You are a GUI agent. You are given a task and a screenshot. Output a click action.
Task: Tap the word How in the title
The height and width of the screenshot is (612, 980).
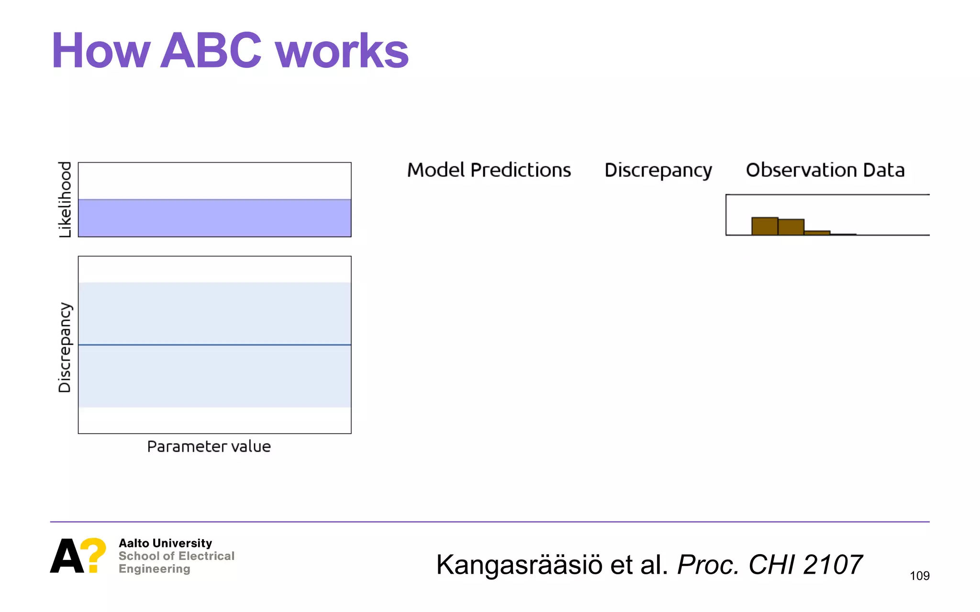(x=100, y=51)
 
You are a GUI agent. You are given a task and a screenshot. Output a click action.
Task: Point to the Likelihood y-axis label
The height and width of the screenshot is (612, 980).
(x=65, y=199)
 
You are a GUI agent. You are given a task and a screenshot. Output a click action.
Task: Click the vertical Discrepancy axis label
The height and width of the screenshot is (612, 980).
(x=65, y=347)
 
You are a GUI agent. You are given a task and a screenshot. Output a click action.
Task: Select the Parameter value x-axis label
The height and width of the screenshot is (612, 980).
(x=209, y=447)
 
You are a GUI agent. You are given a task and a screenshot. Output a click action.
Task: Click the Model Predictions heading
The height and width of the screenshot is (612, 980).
(x=489, y=170)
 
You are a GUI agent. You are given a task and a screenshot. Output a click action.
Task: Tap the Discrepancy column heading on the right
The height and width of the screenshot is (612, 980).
(x=658, y=171)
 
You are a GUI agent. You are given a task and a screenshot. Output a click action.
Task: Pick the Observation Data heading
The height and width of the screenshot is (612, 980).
(x=825, y=170)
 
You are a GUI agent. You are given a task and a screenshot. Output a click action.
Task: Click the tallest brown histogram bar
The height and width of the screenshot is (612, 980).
(x=764, y=227)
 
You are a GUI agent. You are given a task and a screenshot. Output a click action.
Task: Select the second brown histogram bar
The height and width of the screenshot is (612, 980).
(x=791, y=228)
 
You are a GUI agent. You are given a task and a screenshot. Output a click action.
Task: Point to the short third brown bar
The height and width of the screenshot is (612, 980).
(x=817, y=233)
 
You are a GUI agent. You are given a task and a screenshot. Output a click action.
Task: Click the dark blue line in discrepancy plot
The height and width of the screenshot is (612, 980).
(x=214, y=345)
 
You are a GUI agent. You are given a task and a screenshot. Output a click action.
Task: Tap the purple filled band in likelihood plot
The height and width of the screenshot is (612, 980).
(x=214, y=218)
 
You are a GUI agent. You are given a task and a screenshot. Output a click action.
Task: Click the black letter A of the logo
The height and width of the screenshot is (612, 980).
(x=67, y=557)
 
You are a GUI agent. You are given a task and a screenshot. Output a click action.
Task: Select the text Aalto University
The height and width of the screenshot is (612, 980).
(x=165, y=543)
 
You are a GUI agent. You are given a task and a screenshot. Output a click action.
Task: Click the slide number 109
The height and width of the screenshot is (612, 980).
(x=919, y=576)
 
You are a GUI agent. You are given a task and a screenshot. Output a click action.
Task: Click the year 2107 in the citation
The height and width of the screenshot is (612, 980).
(x=833, y=565)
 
